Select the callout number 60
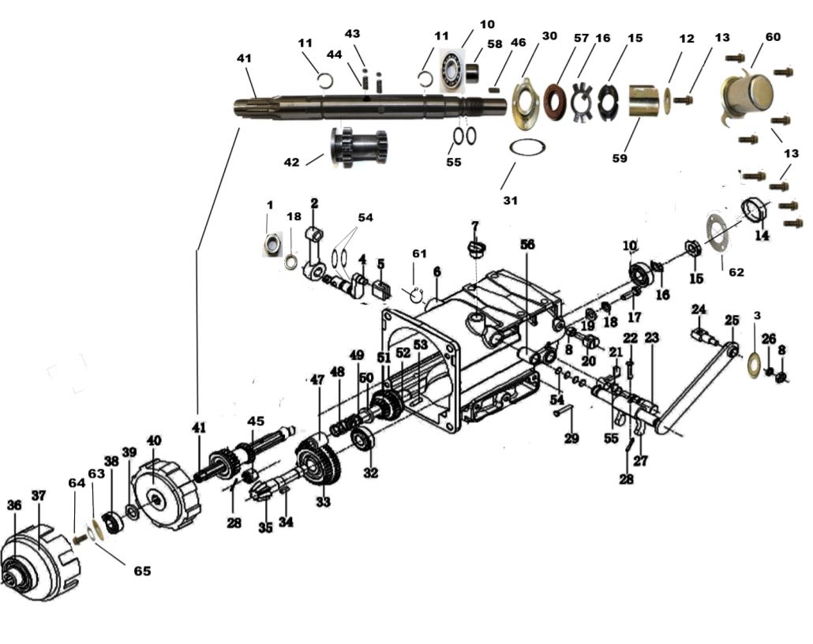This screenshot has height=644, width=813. click(773, 38)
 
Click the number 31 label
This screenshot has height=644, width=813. click(510, 200)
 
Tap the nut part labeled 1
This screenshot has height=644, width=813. click(272, 245)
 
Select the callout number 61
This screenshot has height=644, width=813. click(419, 253)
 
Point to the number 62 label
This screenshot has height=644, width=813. click(735, 272)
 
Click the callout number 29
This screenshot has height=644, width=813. click(571, 439)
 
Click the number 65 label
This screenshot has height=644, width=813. click(141, 570)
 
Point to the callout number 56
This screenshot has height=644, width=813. click(527, 245)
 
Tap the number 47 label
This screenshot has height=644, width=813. click(317, 380)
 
